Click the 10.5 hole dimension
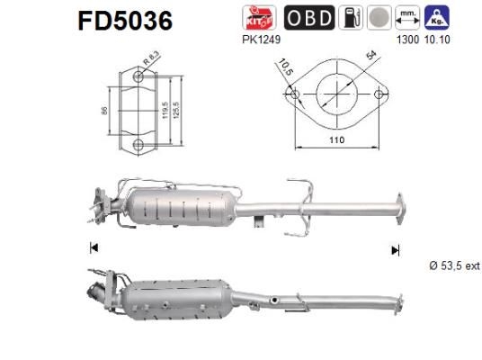pyautogui.click(x=285, y=67)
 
